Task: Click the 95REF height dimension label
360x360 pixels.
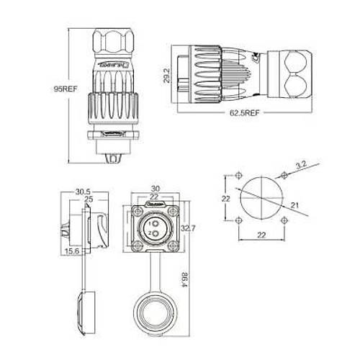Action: tap(66, 89)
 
